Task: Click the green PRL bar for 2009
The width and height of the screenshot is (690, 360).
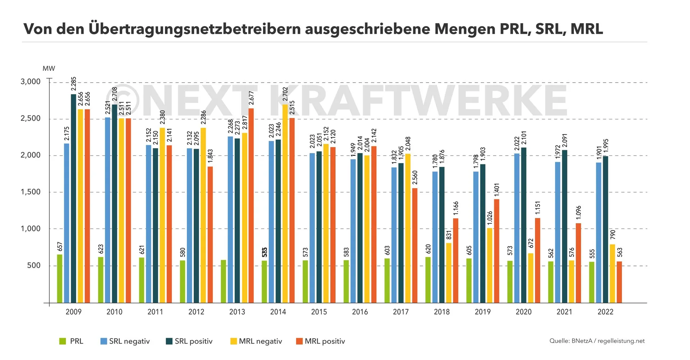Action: (x=60, y=278)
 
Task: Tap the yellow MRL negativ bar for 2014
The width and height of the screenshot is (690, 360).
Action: (x=285, y=203)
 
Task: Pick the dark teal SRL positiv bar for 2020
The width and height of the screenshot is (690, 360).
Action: (x=524, y=225)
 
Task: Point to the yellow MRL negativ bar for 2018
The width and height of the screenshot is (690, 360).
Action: (x=449, y=273)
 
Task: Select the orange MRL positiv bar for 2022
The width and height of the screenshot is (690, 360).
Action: (x=619, y=282)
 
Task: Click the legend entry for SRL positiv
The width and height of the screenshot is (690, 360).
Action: (x=189, y=341)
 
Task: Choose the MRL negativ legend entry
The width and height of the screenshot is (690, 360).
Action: (x=256, y=341)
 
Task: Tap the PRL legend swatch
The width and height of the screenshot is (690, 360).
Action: (x=63, y=341)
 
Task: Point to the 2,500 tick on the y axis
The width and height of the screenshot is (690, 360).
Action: (x=31, y=119)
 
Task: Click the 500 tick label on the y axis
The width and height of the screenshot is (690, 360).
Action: (x=34, y=266)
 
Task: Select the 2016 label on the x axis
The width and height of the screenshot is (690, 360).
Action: (x=360, y=312)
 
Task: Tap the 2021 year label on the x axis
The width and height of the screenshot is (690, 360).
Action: (x=564, y=312)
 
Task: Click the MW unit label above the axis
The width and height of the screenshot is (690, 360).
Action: (x=49, y=69)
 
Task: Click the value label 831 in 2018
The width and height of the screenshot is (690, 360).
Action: (x=449, y=235)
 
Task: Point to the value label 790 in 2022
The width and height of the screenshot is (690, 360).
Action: (x=613, y=235)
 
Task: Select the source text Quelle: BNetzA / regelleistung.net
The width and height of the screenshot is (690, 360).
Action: (x=597, y=341)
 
